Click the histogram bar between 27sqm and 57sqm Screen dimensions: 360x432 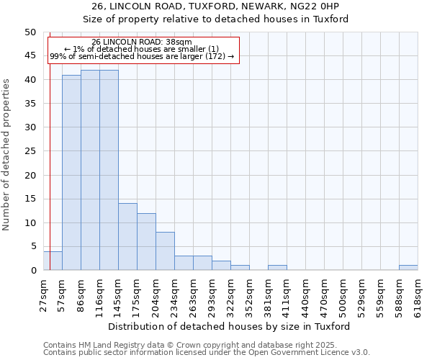pos(53,261)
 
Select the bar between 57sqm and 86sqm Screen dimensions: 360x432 pos(71,173)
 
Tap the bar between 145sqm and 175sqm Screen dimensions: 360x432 pos(127,237)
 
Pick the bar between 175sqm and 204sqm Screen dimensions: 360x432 pos(146,242)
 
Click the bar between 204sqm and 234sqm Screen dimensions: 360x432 pos(165,251)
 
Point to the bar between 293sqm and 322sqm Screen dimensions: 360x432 pos(221,266)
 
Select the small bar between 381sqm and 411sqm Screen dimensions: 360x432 pos(277,268)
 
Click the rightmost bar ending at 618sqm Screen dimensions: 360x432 pos(408,268)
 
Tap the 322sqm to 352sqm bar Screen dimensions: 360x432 pos(240,268)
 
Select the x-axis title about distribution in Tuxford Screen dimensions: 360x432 pos(230,326)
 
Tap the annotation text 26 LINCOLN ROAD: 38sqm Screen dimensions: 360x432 pos(143,42)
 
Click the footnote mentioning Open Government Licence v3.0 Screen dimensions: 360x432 pos(207,352)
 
